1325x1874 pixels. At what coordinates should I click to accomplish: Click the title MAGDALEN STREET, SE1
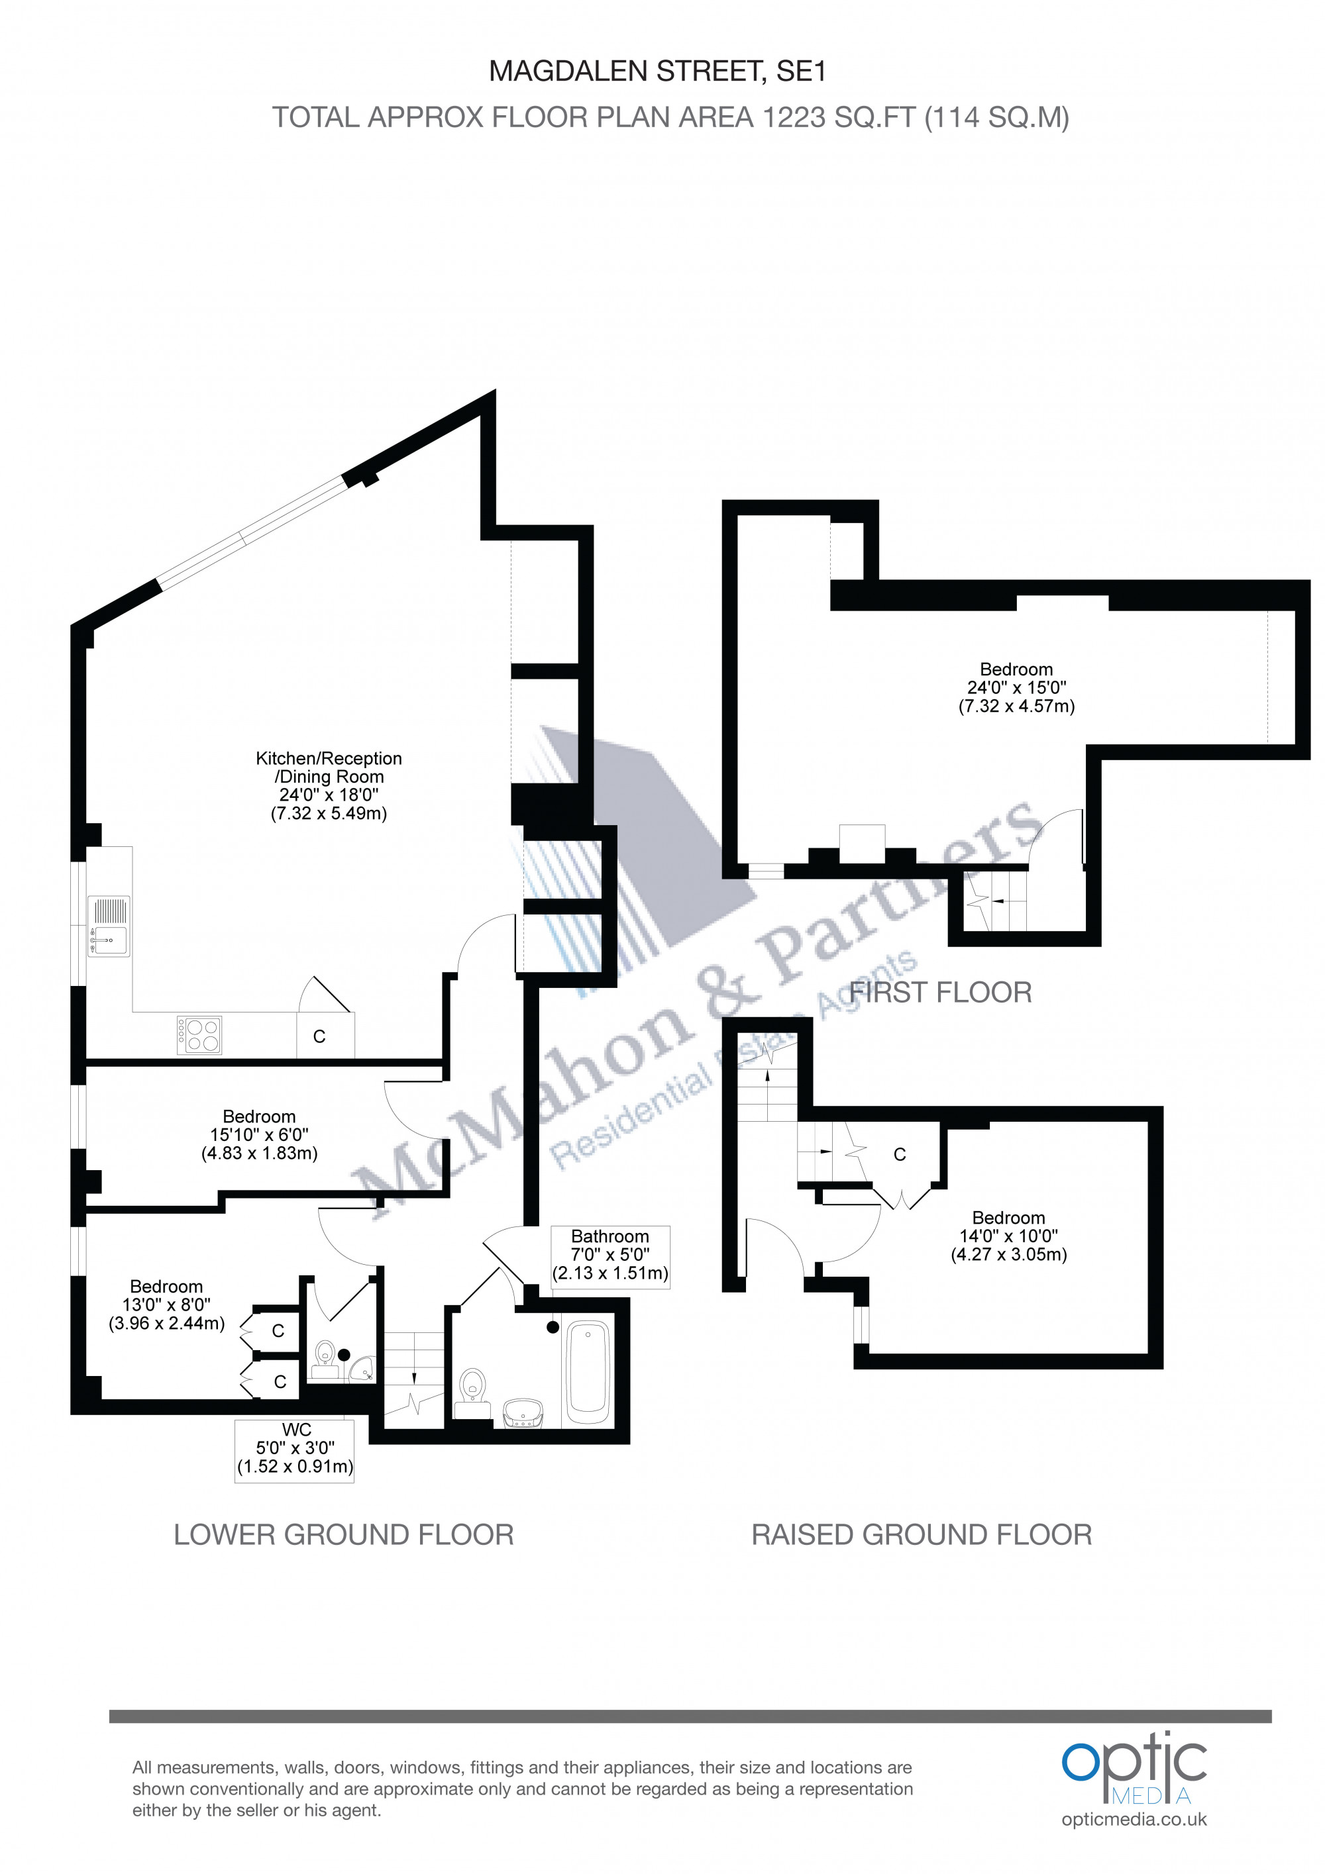tap(657, 72)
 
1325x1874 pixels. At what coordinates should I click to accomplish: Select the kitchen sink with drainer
tap(109, 926)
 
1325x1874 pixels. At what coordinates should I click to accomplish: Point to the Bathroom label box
tap(610, 1256)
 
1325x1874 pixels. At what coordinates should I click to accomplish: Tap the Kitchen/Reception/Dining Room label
tap(329, 785)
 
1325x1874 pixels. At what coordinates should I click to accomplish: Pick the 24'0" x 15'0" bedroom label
tap(1016, 687)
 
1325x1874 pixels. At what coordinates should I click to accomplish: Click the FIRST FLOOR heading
tap(941, 993)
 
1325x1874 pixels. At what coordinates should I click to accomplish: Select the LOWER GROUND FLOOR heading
tap(344, 1534)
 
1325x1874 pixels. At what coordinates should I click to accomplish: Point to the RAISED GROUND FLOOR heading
tap(922, 1534)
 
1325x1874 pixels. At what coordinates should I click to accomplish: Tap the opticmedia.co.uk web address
tap(1134, 1819)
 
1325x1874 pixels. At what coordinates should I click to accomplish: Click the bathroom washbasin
tap(523, 1411)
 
